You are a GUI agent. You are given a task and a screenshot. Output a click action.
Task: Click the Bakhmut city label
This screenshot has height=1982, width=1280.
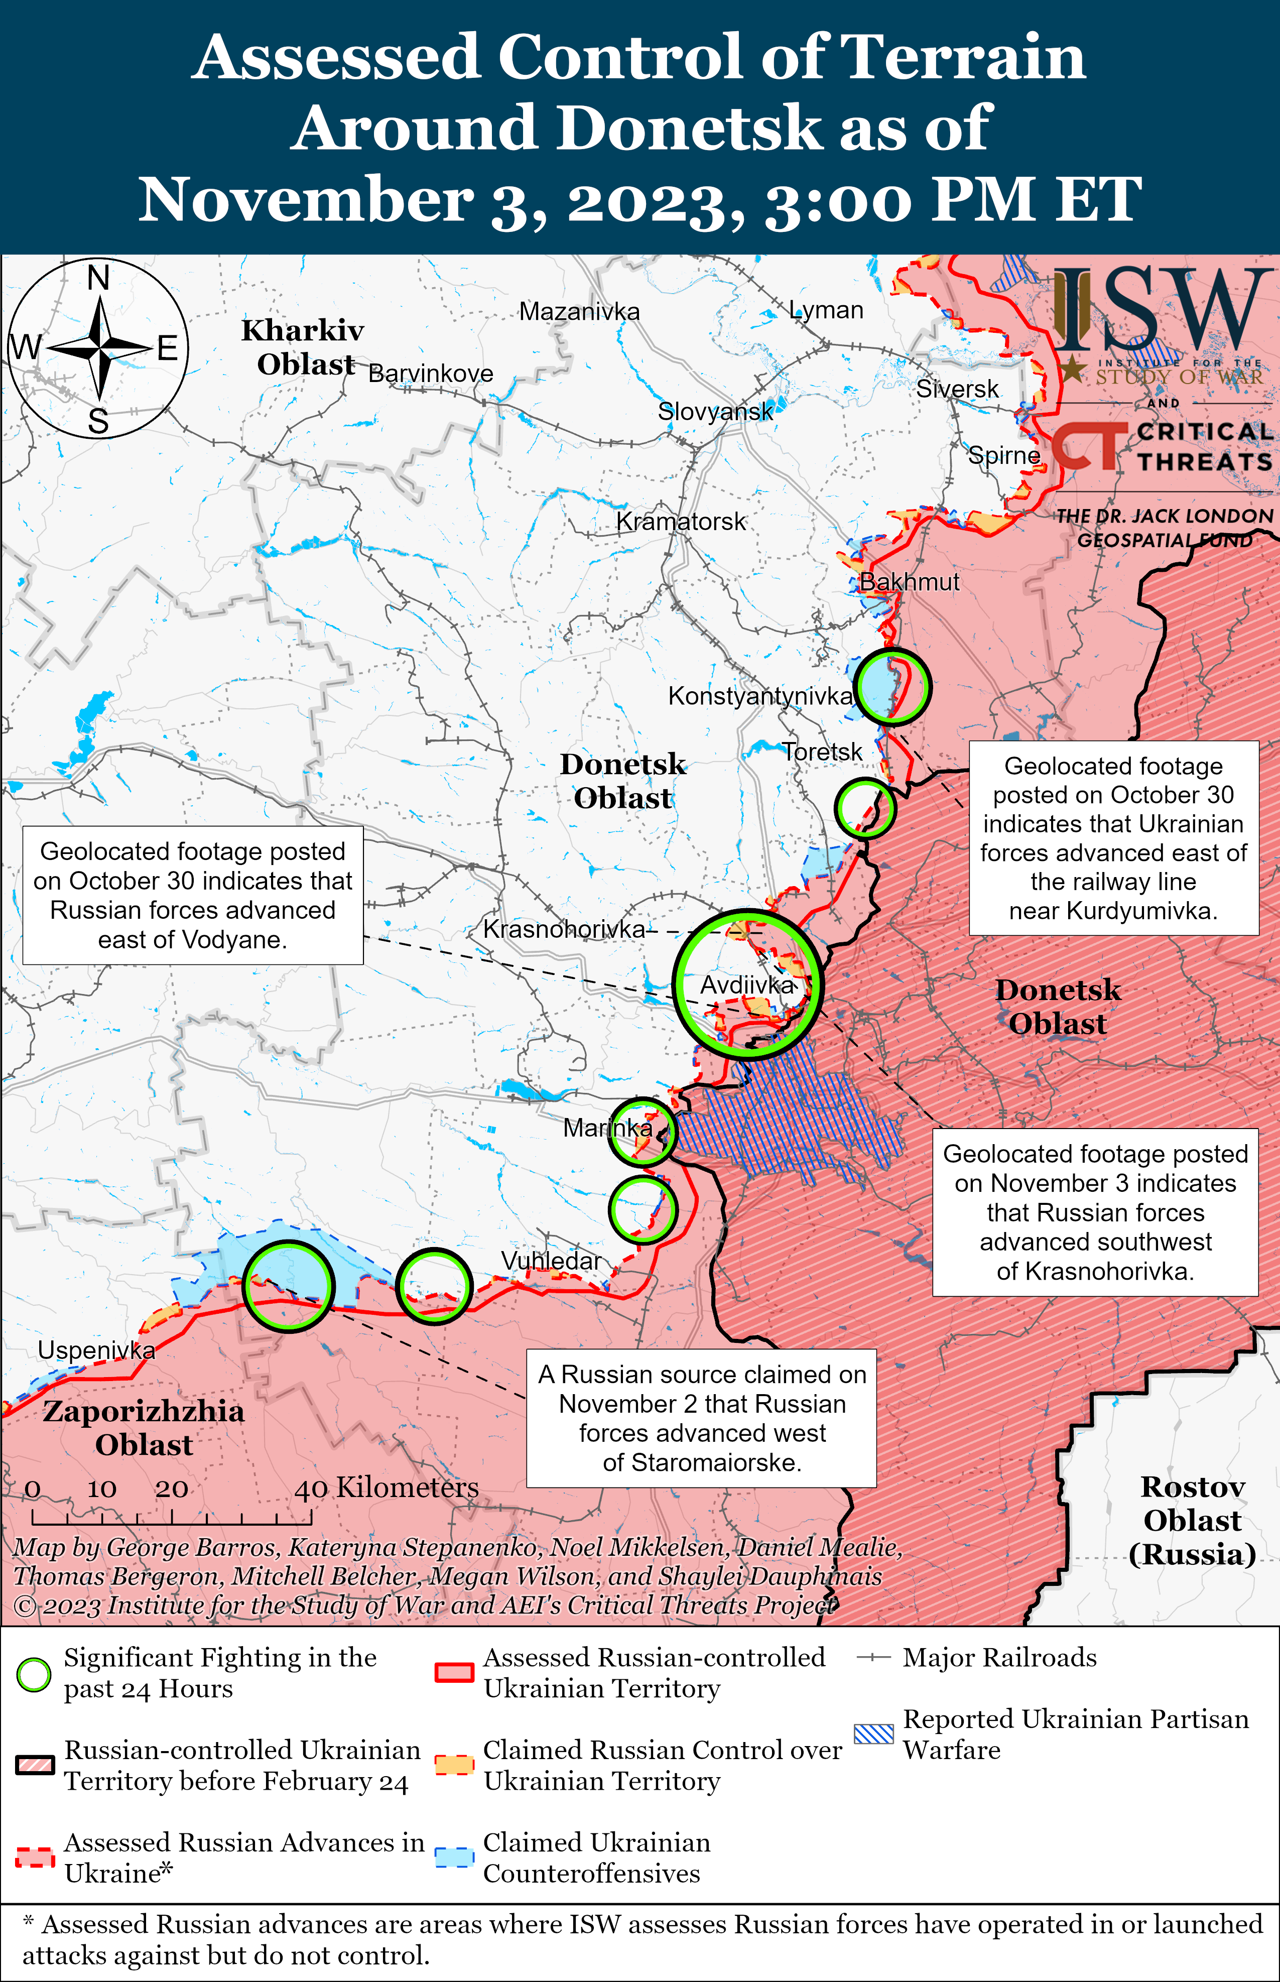tap(909, 582)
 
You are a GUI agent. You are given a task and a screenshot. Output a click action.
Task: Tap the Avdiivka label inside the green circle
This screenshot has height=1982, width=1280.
tap(747, 985)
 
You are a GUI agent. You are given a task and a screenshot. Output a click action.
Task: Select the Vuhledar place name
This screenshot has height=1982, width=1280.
tap(550, 1261)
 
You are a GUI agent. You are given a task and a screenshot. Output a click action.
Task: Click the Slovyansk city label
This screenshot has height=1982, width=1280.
tap(715, 411)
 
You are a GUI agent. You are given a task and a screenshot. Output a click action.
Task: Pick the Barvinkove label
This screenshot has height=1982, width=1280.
tap(431, 373)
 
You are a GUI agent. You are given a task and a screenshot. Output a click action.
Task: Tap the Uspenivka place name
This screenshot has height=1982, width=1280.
tap(96, 1350)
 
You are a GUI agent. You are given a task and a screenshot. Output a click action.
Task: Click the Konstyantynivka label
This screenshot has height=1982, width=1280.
tap(759, 696)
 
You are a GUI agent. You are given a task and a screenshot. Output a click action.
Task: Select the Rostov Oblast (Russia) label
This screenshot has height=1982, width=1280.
tap(1192, 1520)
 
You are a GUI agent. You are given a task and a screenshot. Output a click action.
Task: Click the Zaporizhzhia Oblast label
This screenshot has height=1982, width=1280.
tap(144, 1428)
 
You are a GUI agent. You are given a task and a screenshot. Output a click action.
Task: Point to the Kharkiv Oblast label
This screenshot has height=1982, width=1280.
tap(303, 346)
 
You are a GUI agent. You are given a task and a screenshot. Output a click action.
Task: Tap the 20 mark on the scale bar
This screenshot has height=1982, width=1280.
tap(171, 1489)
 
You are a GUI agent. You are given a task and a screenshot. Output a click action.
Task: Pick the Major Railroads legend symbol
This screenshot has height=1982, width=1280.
tap(873, 1658)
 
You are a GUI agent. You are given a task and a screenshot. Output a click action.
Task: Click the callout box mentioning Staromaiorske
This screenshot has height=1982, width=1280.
tap(702, 1418)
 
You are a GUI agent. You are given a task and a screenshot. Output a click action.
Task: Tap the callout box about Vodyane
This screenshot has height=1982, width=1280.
tap(193, 895)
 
